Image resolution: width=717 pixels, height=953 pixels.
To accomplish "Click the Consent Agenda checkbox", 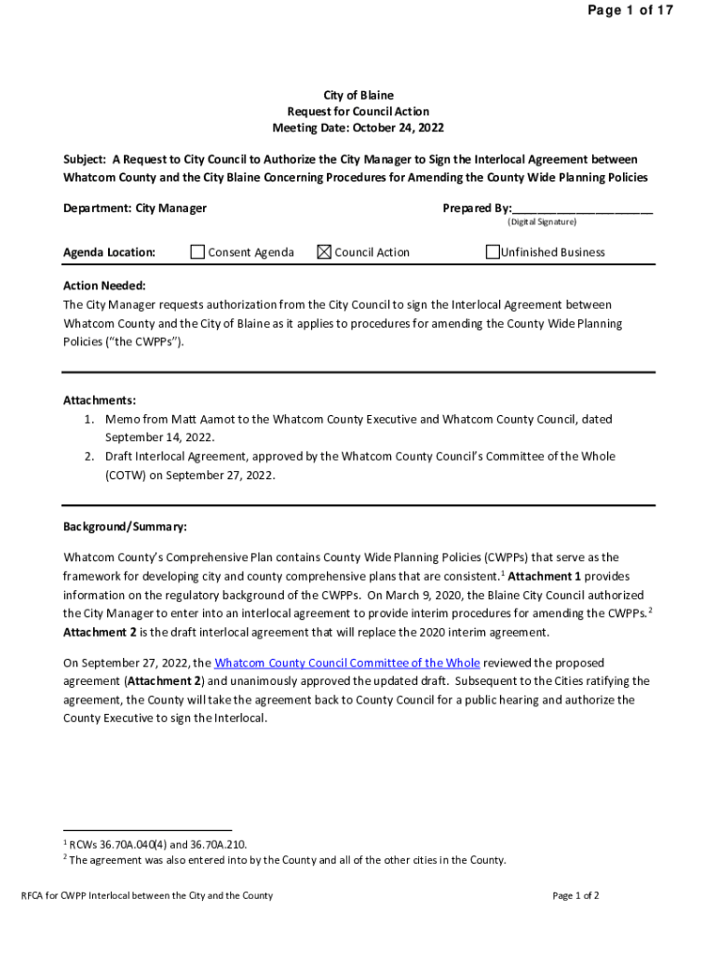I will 197,251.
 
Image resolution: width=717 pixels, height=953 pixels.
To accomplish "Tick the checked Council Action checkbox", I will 324,251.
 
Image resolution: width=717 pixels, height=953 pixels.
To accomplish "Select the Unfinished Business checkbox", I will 493,251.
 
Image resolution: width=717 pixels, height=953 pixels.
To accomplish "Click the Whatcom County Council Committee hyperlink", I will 347,663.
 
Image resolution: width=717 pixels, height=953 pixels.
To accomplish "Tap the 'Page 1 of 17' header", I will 629,10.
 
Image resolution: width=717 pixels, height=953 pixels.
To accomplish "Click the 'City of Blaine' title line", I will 358,95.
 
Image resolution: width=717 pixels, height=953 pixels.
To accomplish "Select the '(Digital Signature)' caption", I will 542,222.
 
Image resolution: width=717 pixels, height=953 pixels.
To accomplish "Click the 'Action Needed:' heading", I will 104,286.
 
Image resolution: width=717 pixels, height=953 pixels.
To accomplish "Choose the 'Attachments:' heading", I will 100,400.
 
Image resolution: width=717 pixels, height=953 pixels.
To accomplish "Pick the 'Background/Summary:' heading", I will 125,527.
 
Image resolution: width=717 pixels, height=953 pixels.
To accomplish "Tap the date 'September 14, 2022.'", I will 160,437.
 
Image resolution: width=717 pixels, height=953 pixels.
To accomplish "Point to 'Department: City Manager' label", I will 135,208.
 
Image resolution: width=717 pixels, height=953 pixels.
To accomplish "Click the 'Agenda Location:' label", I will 109,252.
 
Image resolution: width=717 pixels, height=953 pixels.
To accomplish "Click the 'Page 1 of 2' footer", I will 575,895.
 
